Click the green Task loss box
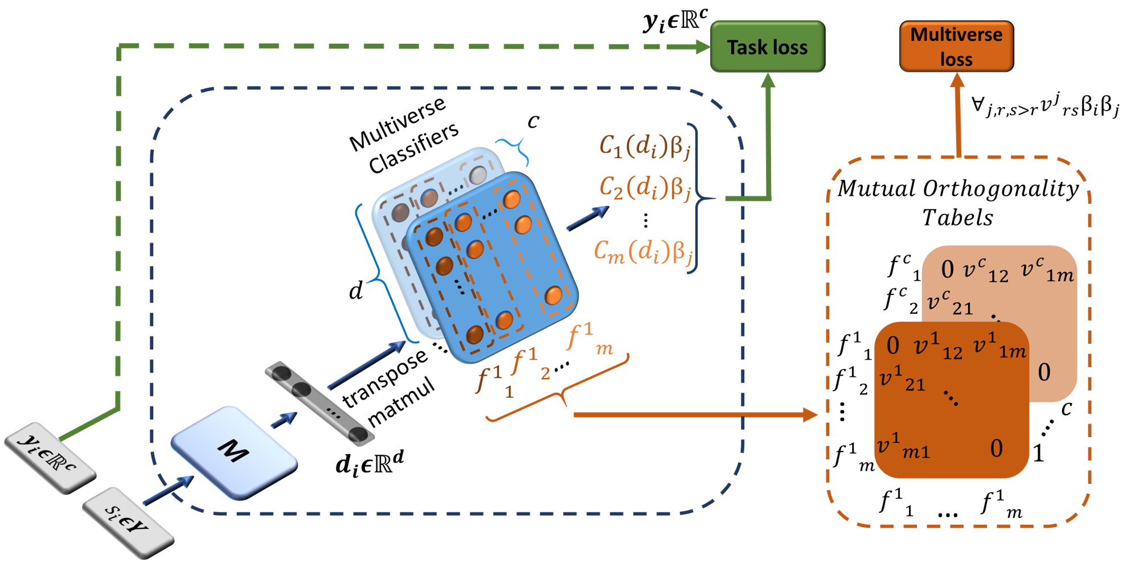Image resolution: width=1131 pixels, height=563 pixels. coord(767,47)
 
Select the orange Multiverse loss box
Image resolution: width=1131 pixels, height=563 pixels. coord(956,47)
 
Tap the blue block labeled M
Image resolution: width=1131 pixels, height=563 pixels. coord(233,452)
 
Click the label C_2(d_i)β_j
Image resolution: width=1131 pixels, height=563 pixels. coord(645,187)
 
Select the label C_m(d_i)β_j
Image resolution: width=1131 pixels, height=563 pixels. coord(644,251)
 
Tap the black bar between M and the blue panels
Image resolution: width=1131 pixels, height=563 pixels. coord(319,403)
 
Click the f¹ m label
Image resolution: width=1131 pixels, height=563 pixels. coord(590,338)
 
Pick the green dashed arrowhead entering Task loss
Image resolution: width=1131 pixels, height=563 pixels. coord(703,47)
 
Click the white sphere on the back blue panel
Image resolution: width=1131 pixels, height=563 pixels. coord(478,174)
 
